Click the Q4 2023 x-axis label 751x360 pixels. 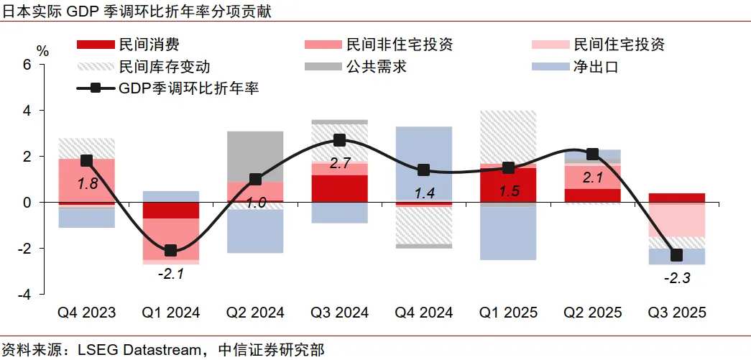(x=86, y=313)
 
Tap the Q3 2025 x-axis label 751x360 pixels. (x=677, y=313)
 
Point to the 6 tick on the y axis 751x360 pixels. (x=27, y=64)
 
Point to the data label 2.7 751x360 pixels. (x=339, y=163)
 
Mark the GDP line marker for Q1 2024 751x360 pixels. (x=170, y=251)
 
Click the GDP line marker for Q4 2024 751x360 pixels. (x=423, y=170)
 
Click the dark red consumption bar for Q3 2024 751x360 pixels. (x=339, y=188)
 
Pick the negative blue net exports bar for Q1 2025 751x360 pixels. (x=508, y=234)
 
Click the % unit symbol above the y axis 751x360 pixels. (x=43, y=51)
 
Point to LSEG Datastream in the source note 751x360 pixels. (x=129, y=350)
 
